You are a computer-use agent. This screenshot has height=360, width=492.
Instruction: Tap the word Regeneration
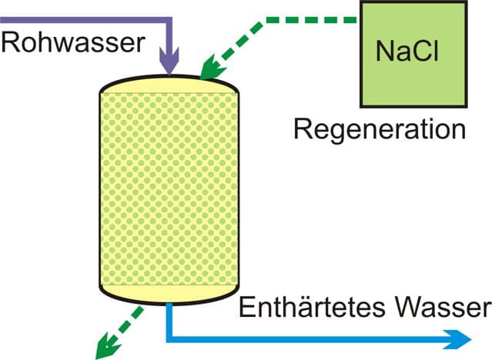click(x=380, y=128)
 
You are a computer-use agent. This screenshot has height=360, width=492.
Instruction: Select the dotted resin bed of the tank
click(x=170, y=185)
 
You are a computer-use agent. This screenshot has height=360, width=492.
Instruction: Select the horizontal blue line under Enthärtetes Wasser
click(x=308, y=338)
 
